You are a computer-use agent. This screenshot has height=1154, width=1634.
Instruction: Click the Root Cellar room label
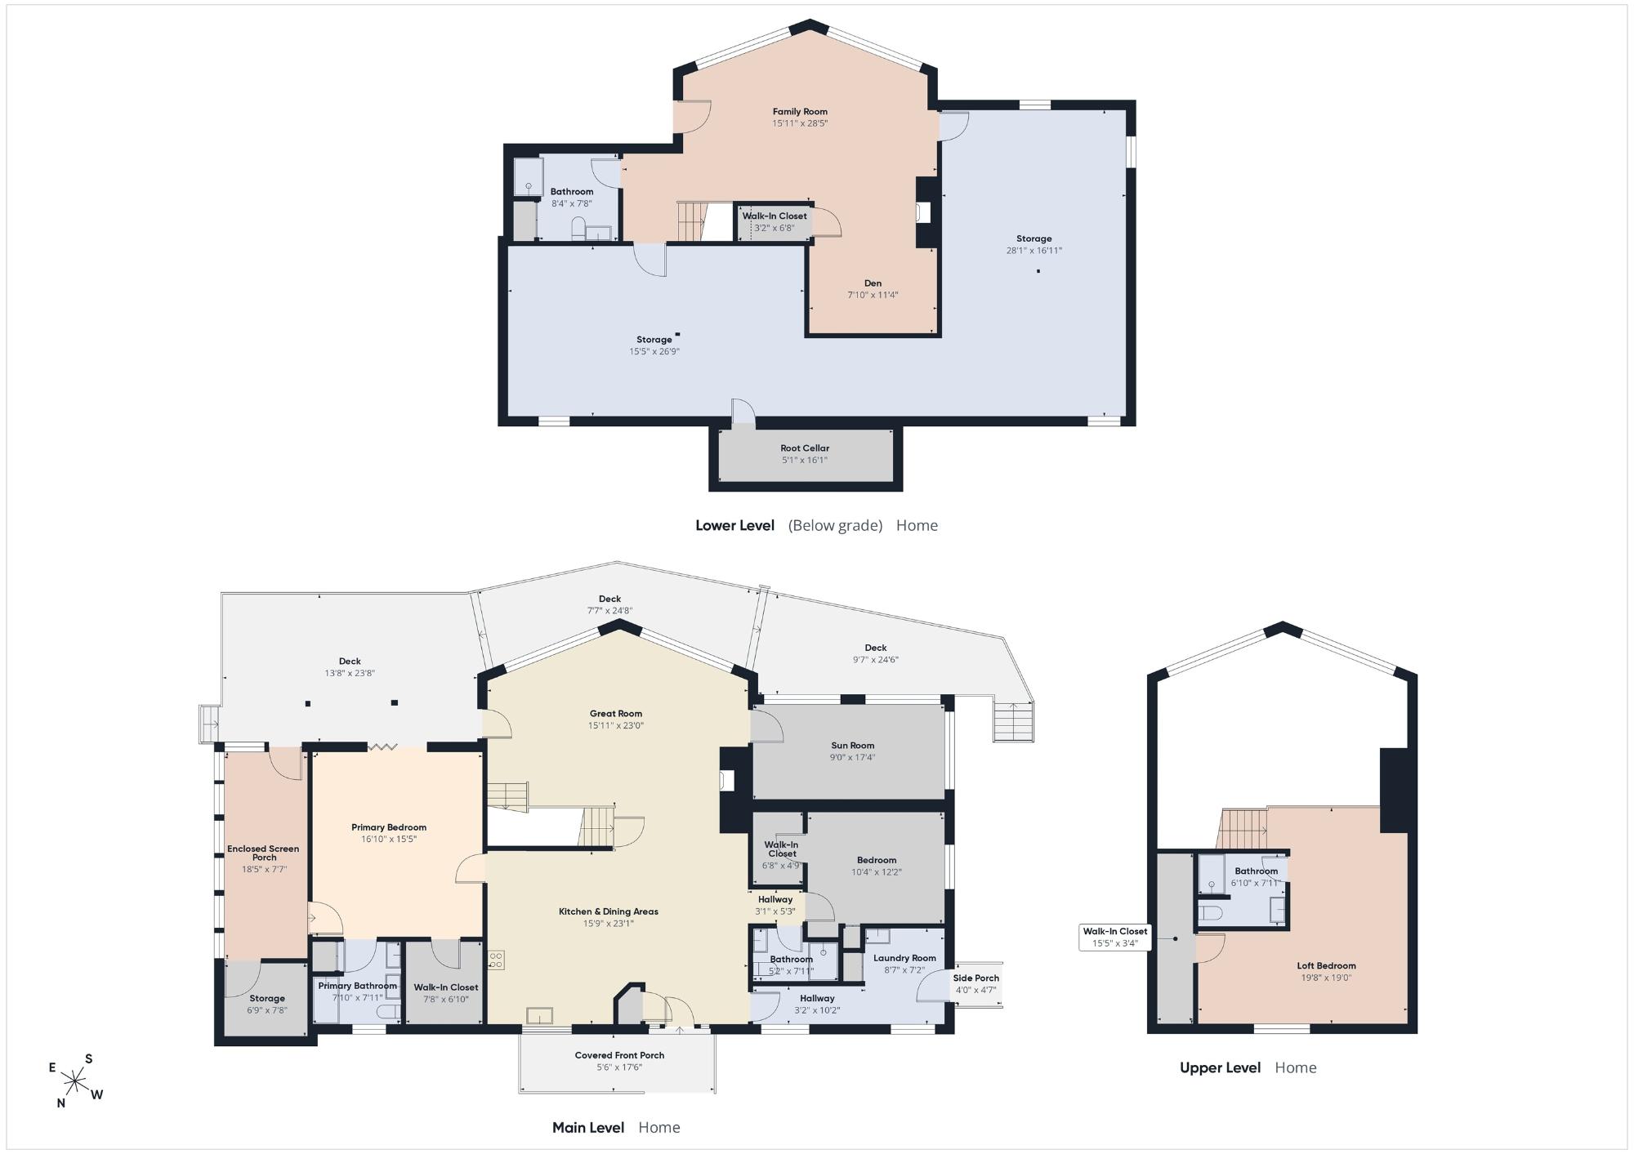[805, 448]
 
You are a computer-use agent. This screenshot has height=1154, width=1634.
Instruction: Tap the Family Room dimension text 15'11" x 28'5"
[800, 123]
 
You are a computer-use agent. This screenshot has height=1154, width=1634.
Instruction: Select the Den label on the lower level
[873, 283]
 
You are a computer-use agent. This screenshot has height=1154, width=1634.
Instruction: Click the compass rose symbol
[75, 1082]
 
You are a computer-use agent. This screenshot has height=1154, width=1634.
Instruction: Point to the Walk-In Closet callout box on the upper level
[1115, 937]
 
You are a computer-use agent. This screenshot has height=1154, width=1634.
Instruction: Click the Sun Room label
[852, 746]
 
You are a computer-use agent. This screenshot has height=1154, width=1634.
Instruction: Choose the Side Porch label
[975, 978]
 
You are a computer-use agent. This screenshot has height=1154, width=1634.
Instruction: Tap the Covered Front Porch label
[619, 1055]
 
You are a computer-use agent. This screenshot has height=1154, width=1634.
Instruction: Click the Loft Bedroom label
[1326, 966]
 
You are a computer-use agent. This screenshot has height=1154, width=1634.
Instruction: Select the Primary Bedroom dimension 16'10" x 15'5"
[389, 839]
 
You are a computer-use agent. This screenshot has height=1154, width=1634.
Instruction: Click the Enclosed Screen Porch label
[263, 853]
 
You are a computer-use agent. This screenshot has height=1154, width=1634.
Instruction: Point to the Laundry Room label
[904, 958]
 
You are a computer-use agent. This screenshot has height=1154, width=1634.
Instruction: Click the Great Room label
[616, 714]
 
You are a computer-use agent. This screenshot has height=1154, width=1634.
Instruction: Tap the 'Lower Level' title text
[734, 525]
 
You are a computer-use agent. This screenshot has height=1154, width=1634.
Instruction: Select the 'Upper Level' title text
[1220, 1067]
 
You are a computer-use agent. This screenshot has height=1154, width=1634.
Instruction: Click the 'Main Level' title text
[588, 1127]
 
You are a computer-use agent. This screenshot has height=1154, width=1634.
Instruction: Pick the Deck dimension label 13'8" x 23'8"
[350, 674]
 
